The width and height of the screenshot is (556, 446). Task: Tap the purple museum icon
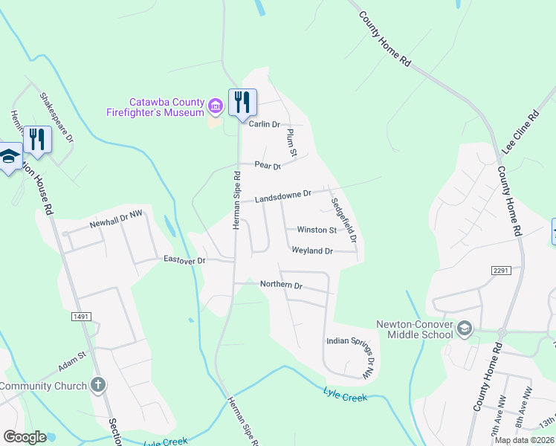click(x=216, y=106)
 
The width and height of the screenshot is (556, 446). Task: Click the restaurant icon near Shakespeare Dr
click(x=36, y=138)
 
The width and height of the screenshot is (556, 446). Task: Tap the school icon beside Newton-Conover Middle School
click(x=465, y=328)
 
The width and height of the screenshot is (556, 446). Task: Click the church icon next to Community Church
click(x=97, y=385)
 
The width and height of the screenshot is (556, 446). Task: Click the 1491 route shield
click(x=82, y=317)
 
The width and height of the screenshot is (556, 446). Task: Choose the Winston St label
click(x=317, y=230)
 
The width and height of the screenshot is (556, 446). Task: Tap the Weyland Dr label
click(x=312, y=251)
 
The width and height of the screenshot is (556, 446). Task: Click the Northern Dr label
click(x=281, y=285)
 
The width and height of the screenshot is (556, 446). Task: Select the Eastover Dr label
click(x=184, y=259)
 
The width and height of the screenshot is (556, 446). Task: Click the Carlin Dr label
click(x=264, y=124)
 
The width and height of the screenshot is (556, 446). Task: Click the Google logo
click(x=25, y=437)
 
